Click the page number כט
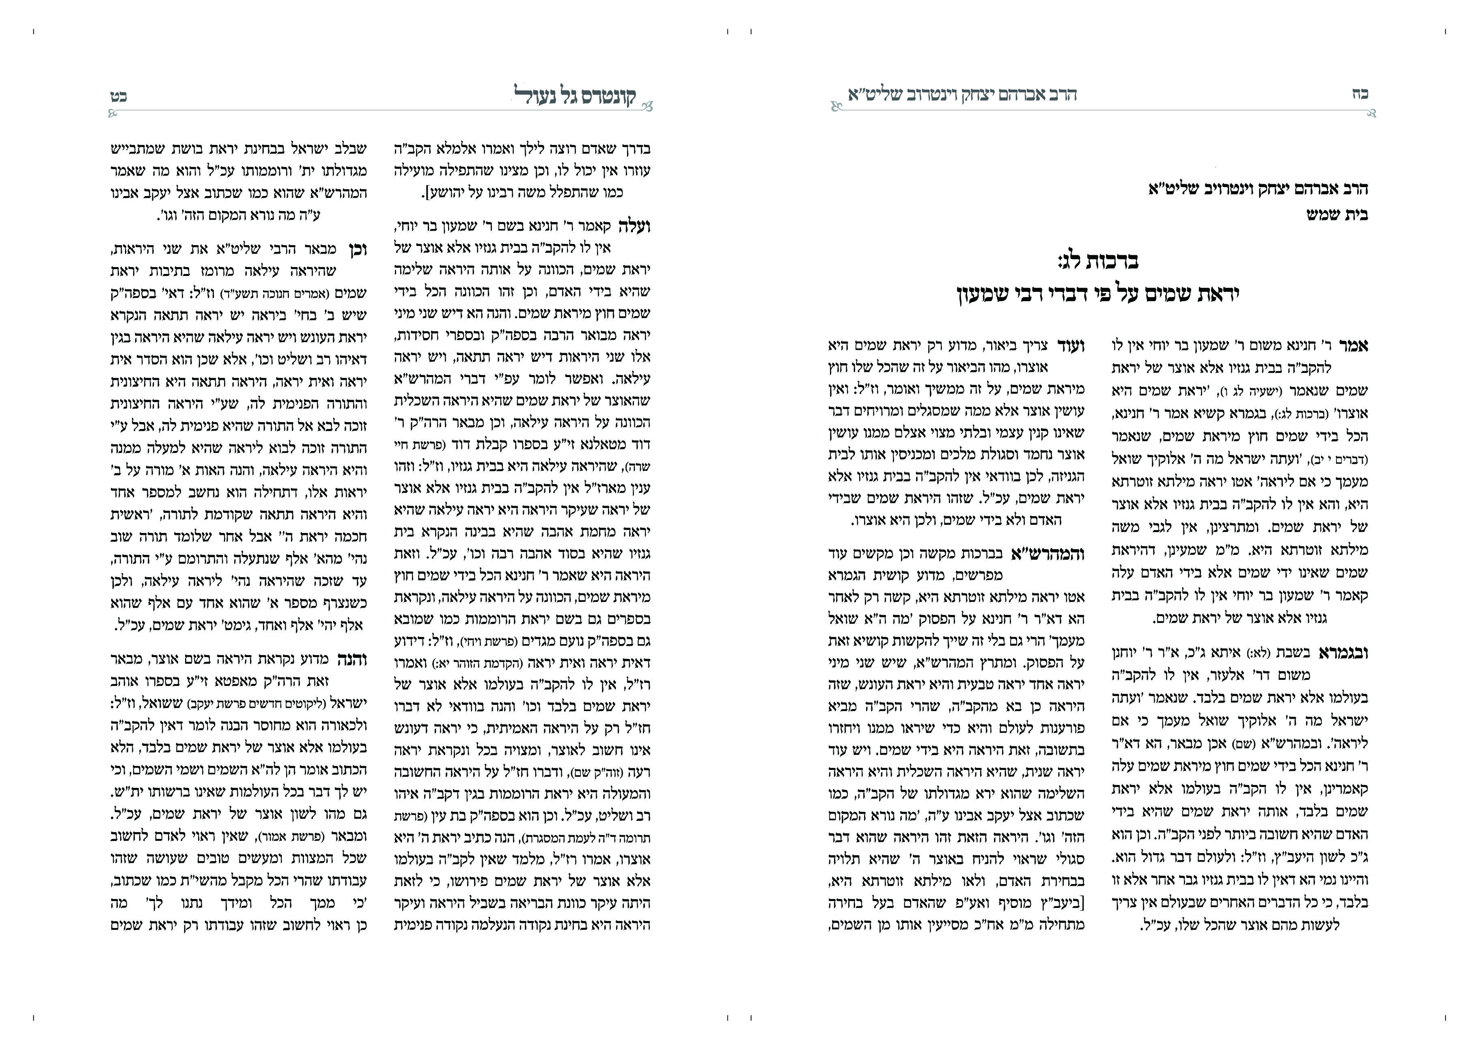pos(118,96)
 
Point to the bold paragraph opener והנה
pos(352,660)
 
